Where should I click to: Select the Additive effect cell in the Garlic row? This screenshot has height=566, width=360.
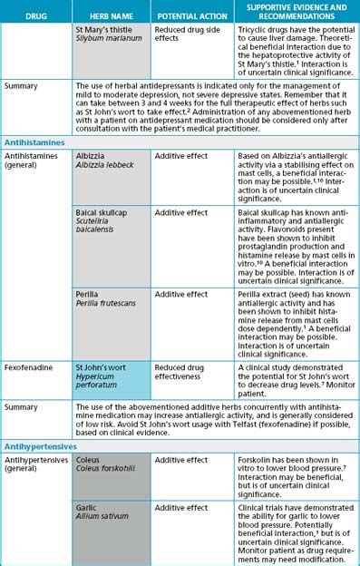[190, 509]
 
